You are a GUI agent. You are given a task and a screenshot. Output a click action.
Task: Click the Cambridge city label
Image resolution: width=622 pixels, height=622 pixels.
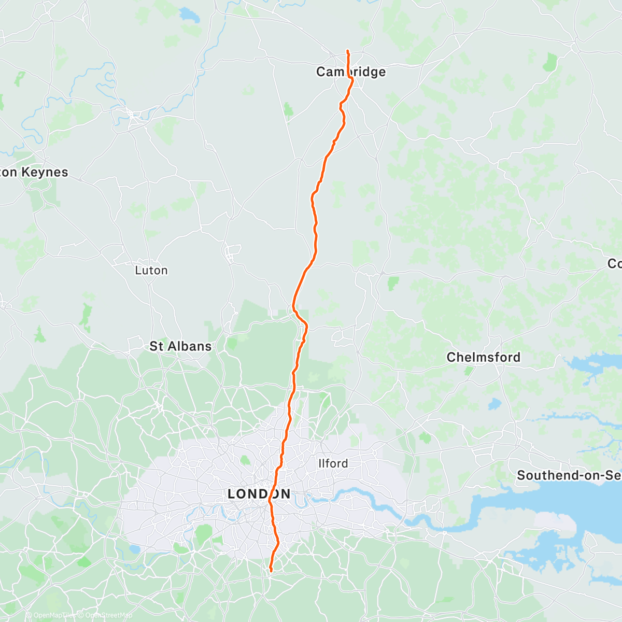click(351, 72)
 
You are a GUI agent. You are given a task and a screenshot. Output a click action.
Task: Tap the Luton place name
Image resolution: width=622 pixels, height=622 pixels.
click(151, 270)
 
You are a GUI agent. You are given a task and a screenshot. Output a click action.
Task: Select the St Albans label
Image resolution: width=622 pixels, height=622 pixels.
click(180, 346)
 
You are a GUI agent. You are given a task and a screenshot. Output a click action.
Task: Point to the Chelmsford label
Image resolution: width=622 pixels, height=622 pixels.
click(483, 357)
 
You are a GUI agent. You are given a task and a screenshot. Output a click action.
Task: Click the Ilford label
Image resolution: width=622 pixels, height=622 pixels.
click(333, 463)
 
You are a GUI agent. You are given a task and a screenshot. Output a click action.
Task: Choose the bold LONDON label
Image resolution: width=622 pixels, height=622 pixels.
click(259, 494)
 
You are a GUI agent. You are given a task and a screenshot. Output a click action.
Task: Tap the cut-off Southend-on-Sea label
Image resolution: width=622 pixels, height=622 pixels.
click(569, 475)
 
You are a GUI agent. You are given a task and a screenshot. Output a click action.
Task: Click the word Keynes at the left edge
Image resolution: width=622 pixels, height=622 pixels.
click(45, 172)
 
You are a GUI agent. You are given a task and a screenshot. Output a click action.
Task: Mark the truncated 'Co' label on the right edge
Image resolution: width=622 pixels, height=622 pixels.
click(614, 264)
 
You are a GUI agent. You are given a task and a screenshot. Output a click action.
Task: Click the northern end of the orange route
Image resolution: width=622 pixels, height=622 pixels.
click(347, 51)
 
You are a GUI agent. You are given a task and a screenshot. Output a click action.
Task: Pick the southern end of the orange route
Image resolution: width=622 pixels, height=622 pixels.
click(271, 571)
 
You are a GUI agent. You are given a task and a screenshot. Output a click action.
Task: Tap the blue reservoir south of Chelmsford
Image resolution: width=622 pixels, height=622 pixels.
click(495, 403)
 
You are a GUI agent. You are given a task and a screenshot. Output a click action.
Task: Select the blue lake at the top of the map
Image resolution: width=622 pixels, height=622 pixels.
click(189, 16)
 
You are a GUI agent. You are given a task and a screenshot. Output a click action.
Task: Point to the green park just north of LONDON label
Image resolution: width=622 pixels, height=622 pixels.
click(245, 460)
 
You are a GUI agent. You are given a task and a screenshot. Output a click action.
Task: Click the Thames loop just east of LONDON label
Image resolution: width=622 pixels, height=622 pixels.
click(299, 498)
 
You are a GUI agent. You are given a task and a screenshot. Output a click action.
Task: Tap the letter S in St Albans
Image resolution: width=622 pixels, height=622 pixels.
click(153, 346)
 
